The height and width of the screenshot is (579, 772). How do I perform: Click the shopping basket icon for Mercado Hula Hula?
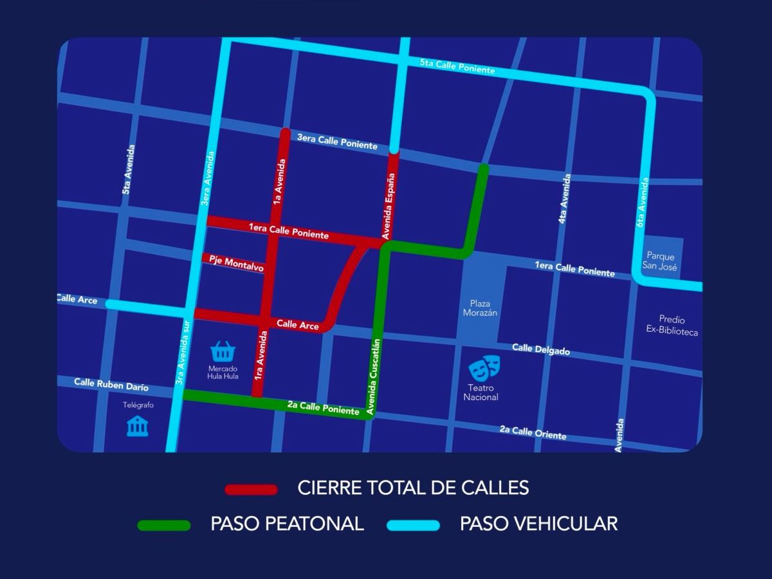pos(223,351)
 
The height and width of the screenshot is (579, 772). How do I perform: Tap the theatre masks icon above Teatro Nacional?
pos(484,368)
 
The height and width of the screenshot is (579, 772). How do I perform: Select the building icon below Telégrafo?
pos(138,426)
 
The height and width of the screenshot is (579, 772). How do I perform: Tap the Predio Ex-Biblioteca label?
pos(672,326)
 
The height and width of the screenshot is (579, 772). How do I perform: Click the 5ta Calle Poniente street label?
pos(457,66)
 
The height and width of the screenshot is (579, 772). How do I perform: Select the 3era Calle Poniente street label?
pos(337,142)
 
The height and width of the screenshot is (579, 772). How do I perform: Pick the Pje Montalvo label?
pos(235,263)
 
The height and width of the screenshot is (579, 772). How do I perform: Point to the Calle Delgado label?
pos(541,349)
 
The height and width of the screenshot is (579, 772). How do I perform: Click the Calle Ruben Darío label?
pos(111,385)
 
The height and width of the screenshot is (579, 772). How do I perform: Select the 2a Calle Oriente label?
pos(533,432)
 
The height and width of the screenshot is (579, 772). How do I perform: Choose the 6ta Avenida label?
pos(641,203)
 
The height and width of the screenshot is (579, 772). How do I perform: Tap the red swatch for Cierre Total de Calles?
pos(251,490)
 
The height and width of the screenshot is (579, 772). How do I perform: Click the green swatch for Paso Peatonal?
pos(164,525)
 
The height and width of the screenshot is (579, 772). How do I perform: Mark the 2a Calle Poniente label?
pos(323,407)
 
